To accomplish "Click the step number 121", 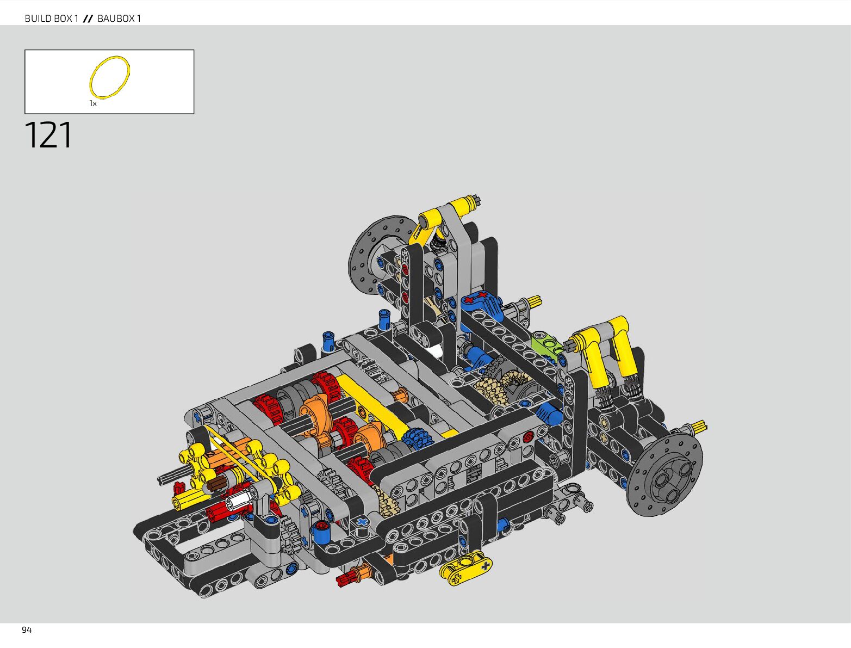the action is [48, 135].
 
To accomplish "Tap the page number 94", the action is [27, 630].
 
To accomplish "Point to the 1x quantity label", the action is [93, 103].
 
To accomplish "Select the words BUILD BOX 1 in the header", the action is [52, 18].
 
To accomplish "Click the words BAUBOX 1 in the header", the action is [119, 18].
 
